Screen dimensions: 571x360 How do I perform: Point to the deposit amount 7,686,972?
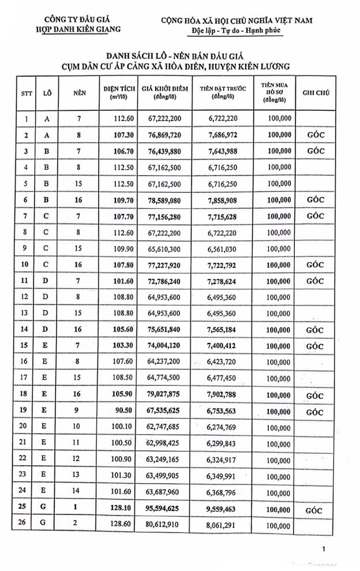click(x=223, y=135)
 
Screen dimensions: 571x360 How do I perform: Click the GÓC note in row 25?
click(x=315, y=511)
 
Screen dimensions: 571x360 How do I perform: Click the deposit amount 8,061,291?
click(x=223, y=527)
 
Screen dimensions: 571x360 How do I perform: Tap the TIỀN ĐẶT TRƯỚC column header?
click(x=223, y=92)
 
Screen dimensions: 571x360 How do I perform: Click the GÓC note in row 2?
click(x=315, y=135)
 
